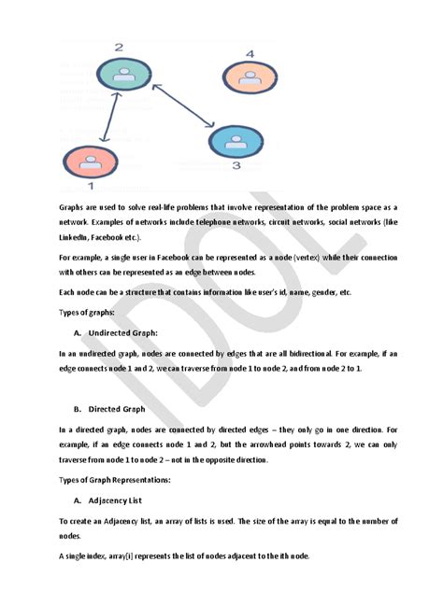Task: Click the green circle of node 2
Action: (x=119, y=76)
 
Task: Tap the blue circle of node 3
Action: (x=236, y=141)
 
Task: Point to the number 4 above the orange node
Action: (x=250, y=54)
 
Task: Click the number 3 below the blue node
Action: (x=236, y=167)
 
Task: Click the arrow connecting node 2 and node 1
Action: (x=105, y=116)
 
